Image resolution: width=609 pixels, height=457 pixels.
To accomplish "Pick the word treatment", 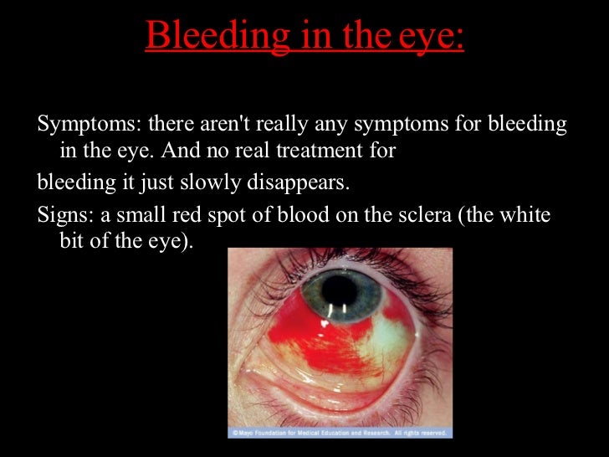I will click(340, 152).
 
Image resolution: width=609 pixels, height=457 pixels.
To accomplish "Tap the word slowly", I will click(187, 182).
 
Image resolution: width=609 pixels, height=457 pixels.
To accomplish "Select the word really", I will click(288, 126).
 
